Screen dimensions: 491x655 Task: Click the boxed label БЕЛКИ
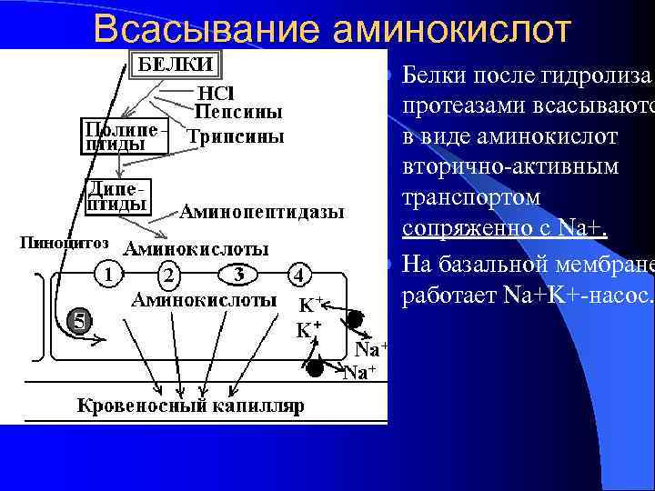(x=175, y=64)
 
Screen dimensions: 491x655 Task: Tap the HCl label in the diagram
(x=218, y=93)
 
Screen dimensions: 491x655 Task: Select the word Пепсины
(x=238, y=113)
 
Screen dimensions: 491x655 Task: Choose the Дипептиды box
(x=117, y=195)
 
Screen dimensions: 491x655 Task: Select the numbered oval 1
(x=108, y=272)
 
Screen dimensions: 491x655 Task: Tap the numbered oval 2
(x=168, y=275)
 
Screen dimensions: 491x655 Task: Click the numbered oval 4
(x=300, y=274)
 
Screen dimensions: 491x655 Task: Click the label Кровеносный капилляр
(x=191, y=404)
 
